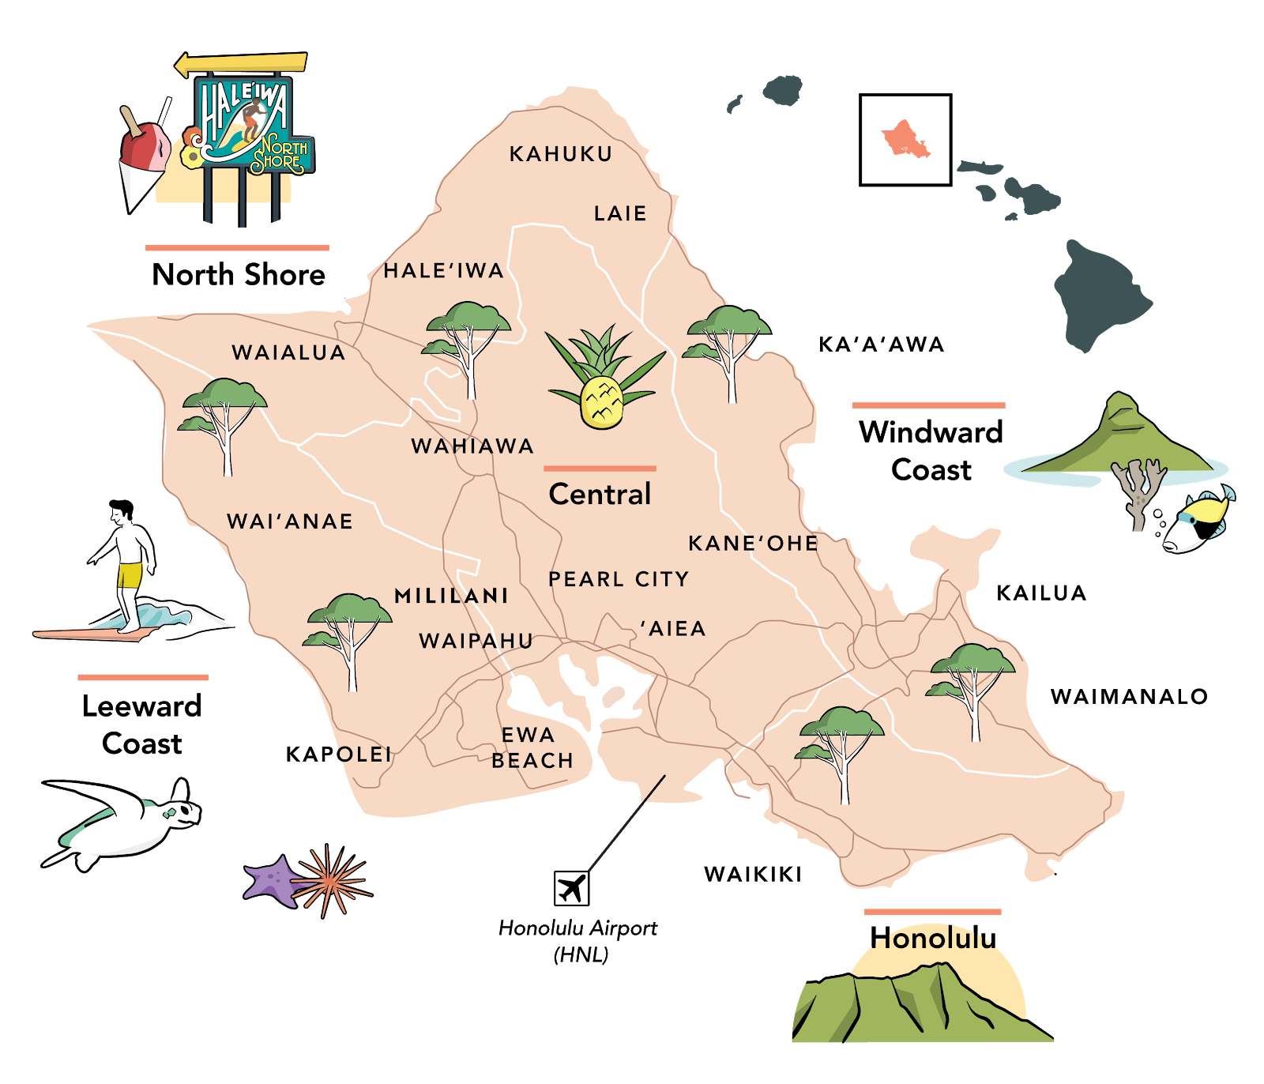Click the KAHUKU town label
tap(561, 154)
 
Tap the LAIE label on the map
tap(620, 213)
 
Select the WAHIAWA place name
tap(472, 446)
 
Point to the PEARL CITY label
tap(619, 579)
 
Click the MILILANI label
tap(451, 596)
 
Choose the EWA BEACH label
tap(531, 747)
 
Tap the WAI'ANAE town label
tap(290, 521)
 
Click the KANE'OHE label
tap(753, 544)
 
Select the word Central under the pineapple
tap(600, 495)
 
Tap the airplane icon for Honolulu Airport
tap(571, 888)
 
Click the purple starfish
tap(273, 880)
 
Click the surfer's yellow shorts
tap(130, 574)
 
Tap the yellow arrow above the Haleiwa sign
tap(241, 63)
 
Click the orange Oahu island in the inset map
tap(905, 139)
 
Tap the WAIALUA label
tap(288, 352)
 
